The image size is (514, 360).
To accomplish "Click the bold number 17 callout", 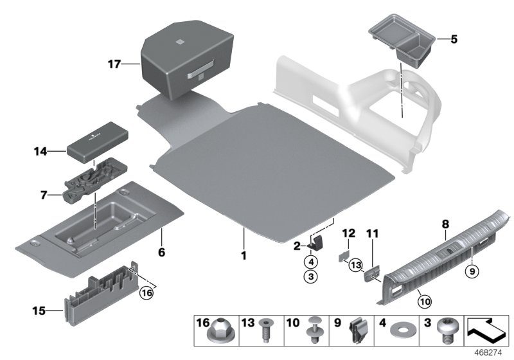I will point(114,64).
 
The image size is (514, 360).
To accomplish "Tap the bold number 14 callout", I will point(40,152).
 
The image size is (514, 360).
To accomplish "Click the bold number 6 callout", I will point(161,253).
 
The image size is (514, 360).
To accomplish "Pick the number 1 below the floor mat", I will point(244,255).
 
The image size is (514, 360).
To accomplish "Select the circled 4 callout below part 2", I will point(310,262).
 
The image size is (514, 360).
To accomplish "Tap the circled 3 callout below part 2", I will point(310,277).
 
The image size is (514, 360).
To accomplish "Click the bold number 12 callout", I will point(348,232).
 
